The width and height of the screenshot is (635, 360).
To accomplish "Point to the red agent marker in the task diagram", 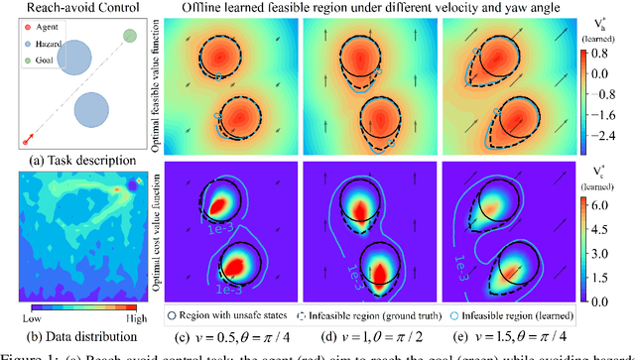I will [x=24, y=140].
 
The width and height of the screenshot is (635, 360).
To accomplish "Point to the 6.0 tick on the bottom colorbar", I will [x=611, y=184].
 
